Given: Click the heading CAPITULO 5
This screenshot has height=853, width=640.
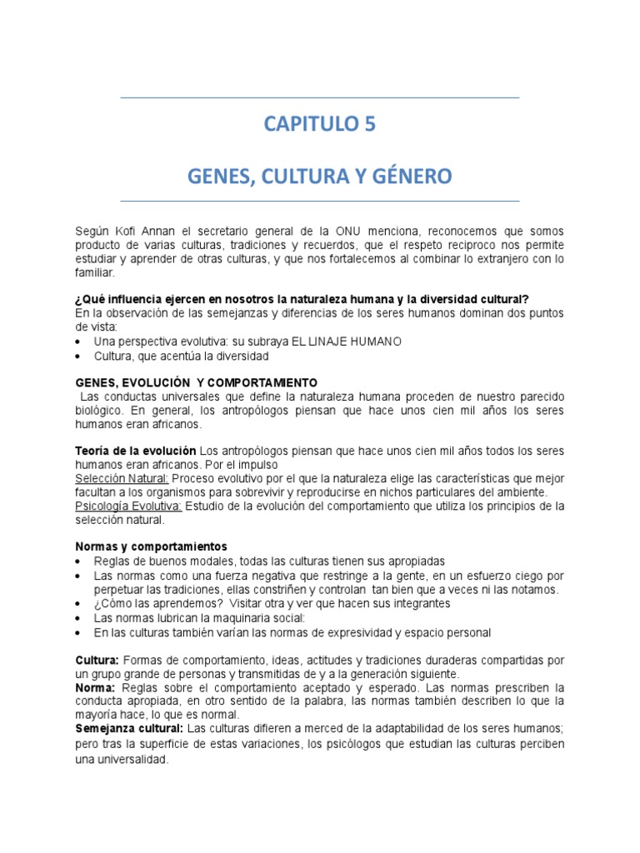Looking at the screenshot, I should click(320, 125).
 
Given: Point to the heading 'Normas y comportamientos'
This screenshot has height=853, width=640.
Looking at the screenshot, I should click(151, 546).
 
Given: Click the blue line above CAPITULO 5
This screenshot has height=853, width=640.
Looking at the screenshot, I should click(320, 98).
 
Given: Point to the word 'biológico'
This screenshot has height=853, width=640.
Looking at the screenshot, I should click(100, 410).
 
